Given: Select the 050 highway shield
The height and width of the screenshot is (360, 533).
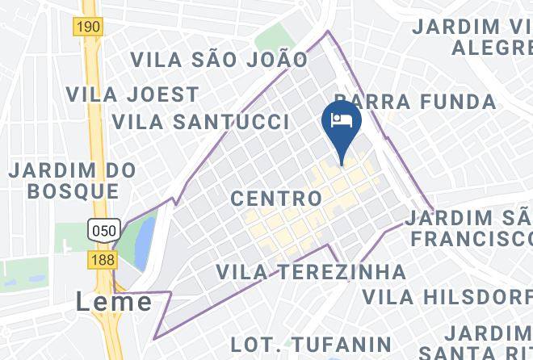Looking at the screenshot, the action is (x=105, y=228).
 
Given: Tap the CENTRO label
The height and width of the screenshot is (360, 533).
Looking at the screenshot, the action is (x=276, y=198).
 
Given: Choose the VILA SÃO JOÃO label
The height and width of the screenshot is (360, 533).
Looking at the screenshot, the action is (x=219, y=59).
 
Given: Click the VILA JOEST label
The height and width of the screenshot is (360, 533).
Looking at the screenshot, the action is (x=132, y=94).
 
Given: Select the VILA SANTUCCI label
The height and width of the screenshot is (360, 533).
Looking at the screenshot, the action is (x=200, y=122).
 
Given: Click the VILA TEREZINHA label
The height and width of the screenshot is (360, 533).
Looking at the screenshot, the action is (x=311, y=271).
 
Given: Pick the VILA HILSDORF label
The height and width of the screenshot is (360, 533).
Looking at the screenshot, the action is (x=447, y=295).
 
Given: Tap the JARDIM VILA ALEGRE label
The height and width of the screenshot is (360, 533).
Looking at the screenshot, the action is (x=475, y=36).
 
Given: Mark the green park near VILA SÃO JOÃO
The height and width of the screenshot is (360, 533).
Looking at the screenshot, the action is (x=274, y=36).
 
